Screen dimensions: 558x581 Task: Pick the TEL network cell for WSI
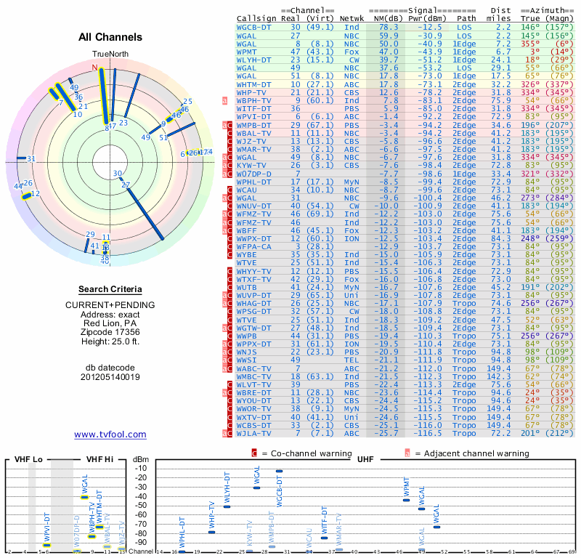click(x=352, y=359)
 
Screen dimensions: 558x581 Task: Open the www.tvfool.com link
click(x=110, y=434)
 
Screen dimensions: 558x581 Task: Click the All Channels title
click(x=110, y=37)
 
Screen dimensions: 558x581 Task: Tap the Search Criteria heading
click(x=110, y=289)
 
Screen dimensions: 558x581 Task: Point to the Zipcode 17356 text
click(x=110, y=331)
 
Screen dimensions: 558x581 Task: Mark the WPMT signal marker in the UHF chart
click(x=407, y=500)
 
